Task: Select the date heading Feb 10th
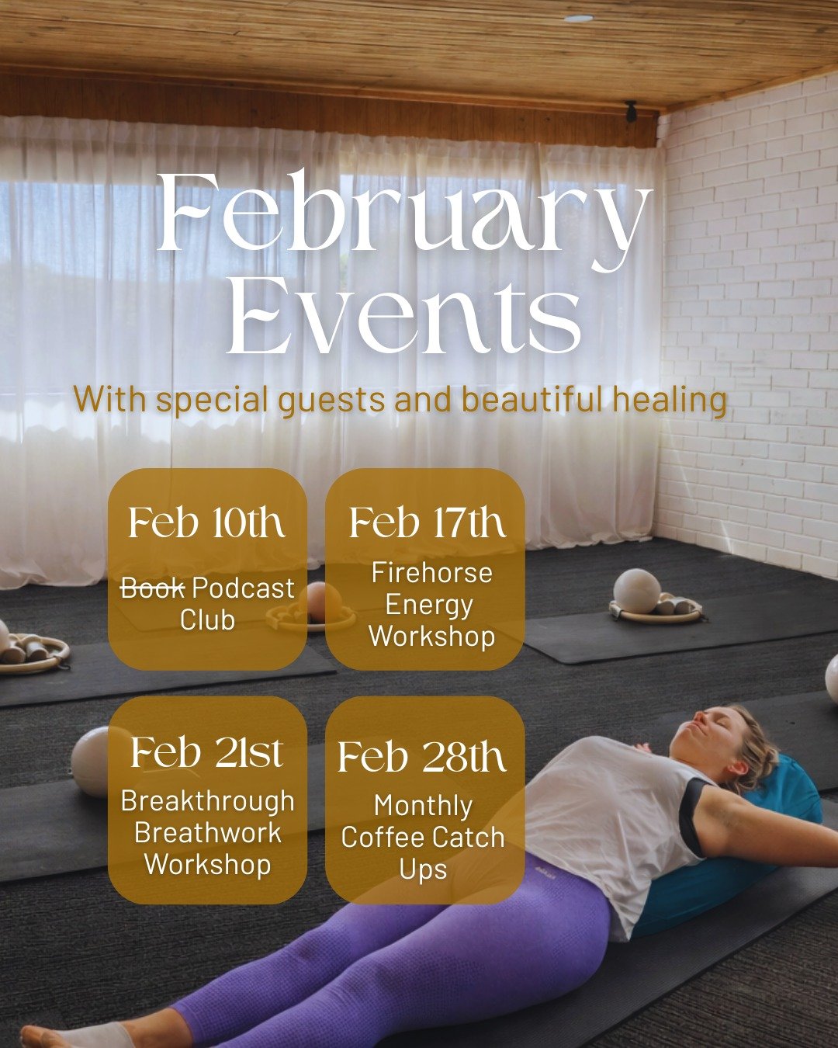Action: pyautogui.click(x=206, y=522)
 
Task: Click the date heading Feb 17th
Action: pyautogui.click(x=427, y=522)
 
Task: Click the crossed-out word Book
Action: pyautogui.click(x=152, y=588)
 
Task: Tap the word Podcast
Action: pyautogui.click(x=243, y=588)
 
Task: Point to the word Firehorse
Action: pyautogui.click(x=431, y=573)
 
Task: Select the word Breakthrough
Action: pyautogui.click(x=207, y=801)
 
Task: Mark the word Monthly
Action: pyautogui.click(x=423, y=806)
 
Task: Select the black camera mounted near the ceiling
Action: pyautogui.click(x=631, y=110)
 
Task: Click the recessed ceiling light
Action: pyautogui.click(x=577, y=18)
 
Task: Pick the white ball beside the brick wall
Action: pyautogui.click(x=636, y=591)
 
